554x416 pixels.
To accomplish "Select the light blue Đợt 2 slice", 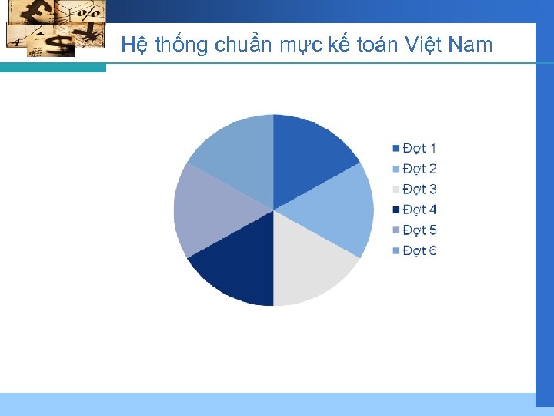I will click(339, 208).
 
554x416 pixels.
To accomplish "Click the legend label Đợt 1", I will click(419, 148).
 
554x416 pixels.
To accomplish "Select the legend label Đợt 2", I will click(419, 169).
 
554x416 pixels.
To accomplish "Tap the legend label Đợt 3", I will click(419, 189).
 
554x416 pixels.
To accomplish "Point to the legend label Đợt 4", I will click(419, 210).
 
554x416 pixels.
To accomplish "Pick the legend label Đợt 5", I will click(419, 230).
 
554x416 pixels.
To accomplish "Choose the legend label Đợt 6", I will click(419, 250).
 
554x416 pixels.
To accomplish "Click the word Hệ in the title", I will click(134, 45).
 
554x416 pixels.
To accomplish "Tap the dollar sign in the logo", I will click(58, 44).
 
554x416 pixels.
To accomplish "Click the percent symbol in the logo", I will click(88, 12).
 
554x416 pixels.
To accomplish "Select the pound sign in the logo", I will click(36, 13).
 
